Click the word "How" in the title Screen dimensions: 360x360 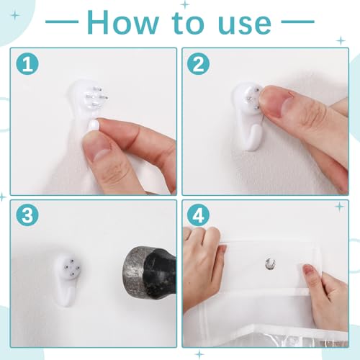pos(122,22)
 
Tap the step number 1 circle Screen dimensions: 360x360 pos(27,64)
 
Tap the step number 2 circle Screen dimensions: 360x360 pos(198,64)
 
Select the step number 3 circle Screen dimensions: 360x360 pos(27,215)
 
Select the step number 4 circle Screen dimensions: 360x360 pos(198,215)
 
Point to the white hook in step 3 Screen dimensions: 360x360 pos(67,279)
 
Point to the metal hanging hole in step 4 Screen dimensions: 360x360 pos(270,264)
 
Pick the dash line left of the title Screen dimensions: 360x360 pos(62,22)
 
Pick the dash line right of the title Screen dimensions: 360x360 pos(297,22)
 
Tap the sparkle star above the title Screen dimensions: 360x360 pos(184,4)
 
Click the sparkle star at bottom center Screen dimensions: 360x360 pos(199,354)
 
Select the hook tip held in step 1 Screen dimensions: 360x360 pos(94,126)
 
